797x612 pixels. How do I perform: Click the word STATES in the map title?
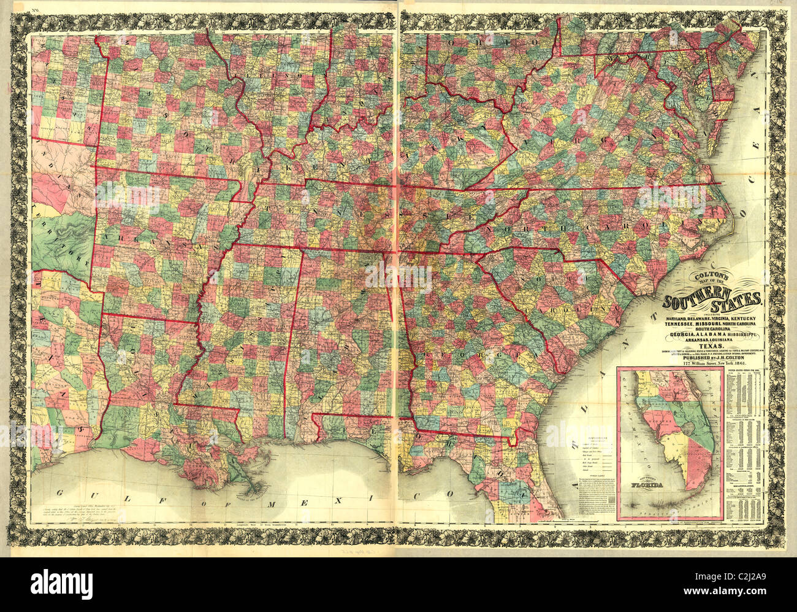click(742, 301)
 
